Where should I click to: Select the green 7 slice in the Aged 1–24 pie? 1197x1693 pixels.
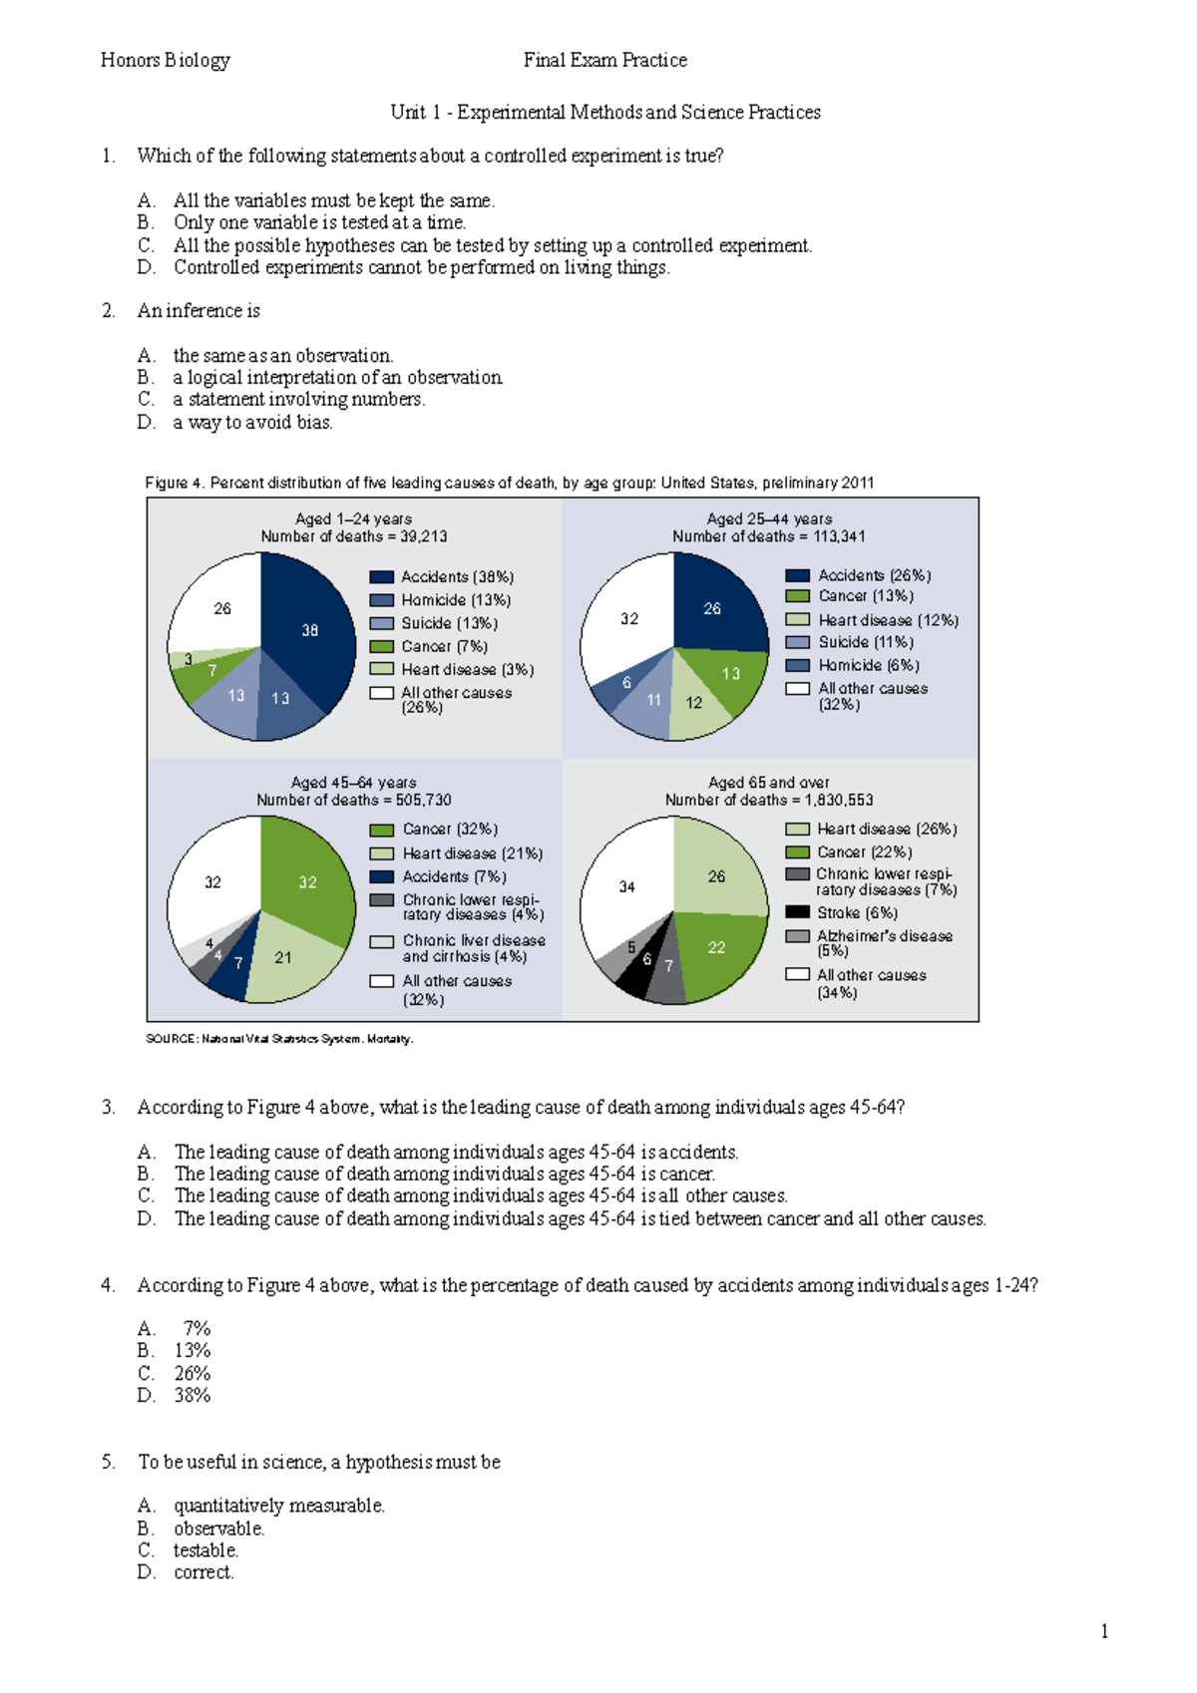coord(211,672)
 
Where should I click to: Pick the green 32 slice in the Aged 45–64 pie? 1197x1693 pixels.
coord(308,882)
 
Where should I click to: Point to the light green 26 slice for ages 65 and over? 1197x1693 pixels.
coord(717,876)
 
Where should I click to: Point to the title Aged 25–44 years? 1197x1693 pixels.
coord(769,518)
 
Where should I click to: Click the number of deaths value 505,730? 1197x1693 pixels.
coord(423,800)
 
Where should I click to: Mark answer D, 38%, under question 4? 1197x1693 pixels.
coord(192,1396)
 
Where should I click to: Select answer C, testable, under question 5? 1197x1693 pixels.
coord(205,1550)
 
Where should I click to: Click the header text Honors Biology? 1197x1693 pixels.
coord(166,60)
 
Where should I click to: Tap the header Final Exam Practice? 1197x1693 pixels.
coord(604,60)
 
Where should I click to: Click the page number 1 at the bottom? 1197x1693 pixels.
coord(1104,1631)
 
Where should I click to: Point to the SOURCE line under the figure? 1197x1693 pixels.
coord(279,1039)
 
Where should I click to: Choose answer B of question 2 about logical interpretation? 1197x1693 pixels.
coord(337,378)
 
